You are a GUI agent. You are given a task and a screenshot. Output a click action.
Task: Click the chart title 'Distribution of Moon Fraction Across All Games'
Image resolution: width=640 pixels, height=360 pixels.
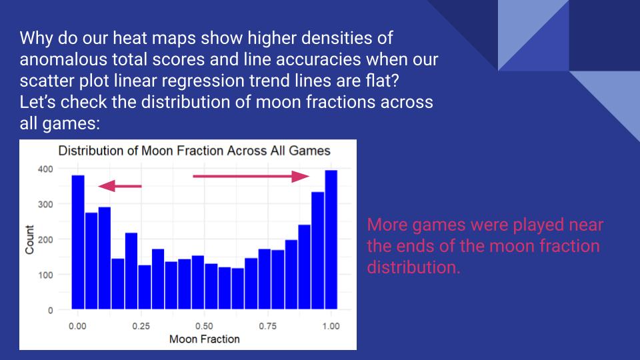(x=194, y=151)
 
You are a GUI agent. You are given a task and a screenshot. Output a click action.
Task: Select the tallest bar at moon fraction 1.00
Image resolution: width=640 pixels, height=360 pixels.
(x=331, y=240)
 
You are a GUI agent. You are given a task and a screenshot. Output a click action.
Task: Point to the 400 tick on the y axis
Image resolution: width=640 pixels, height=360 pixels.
(x=45, y=169)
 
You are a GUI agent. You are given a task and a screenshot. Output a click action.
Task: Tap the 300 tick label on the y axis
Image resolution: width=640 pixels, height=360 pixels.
(x=45, y=204)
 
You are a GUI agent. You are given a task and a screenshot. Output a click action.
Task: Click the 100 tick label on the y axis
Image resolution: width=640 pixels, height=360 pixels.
(x=45, y=275)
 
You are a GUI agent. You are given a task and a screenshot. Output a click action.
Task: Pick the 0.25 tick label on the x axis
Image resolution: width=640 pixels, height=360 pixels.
(x=141, y=326)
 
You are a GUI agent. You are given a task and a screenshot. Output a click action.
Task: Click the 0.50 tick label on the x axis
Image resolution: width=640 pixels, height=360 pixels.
(x=204, y=326)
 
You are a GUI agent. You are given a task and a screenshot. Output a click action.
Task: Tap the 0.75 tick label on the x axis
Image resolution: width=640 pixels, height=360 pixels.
(x=267, y=326)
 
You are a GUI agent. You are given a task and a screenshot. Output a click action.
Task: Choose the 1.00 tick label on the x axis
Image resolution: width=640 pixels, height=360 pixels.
(x=331, y=326)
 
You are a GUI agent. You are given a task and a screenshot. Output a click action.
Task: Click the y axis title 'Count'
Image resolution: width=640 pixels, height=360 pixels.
(x=30, y=239)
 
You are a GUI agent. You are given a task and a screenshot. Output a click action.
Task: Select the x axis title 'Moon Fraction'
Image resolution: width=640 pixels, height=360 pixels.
(x=204, y=339)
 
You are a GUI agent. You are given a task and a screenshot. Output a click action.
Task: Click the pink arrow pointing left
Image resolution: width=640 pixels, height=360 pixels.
(x=120, y=186)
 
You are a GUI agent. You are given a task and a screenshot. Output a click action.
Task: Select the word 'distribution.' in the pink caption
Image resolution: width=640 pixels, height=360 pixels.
(x=413, y=269)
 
